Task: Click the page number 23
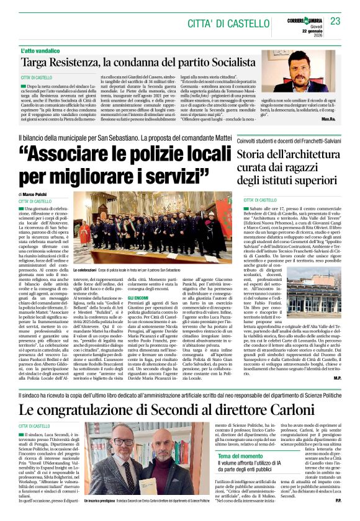coord(335,21)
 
